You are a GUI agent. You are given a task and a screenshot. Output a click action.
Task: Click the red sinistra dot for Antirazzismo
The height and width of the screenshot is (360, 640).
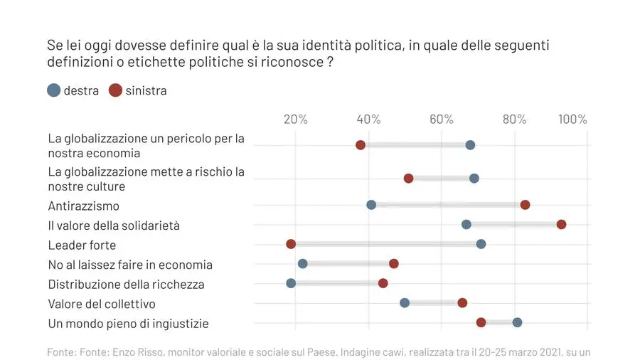click(x=525, y=205)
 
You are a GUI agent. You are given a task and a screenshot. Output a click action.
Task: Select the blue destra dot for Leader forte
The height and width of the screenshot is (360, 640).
click(x=481, y=244)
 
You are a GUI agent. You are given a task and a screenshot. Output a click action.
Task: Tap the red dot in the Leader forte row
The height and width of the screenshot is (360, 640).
click(x=291, y=244)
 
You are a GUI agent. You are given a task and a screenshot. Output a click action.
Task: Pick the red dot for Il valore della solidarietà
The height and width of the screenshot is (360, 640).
click(x=561, y=224)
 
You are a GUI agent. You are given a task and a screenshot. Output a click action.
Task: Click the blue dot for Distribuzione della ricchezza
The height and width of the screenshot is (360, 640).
click(x=291, y=283)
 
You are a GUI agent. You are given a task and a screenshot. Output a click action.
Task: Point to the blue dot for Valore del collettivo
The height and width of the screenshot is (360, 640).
click(x=405, y=302)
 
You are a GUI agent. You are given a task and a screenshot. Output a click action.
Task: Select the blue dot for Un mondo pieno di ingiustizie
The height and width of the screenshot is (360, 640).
click(x=517, y=322)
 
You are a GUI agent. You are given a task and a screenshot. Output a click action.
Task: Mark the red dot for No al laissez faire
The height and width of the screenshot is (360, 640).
click(x=394, y=264)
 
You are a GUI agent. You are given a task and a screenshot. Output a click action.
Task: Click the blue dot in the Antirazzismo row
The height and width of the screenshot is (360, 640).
click(x=371, y=205)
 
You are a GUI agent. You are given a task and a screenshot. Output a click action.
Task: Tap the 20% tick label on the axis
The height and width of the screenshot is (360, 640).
click(x=296, y=119)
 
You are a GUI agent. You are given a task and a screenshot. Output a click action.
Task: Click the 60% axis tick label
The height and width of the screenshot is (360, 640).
click(x=442, y=119)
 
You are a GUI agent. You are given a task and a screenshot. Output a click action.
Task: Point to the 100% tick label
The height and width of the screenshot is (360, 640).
click(x=573, y=119)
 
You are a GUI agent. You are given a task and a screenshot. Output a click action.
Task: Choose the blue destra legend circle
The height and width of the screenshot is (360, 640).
click(x=53, y=90)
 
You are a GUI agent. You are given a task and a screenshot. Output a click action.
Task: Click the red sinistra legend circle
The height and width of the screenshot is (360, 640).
click(x=115, y=90)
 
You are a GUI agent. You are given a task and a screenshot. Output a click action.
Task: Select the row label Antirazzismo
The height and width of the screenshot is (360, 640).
click(x=83, y=206)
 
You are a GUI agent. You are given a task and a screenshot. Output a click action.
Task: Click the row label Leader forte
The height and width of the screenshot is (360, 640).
click(x=82, y=245)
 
